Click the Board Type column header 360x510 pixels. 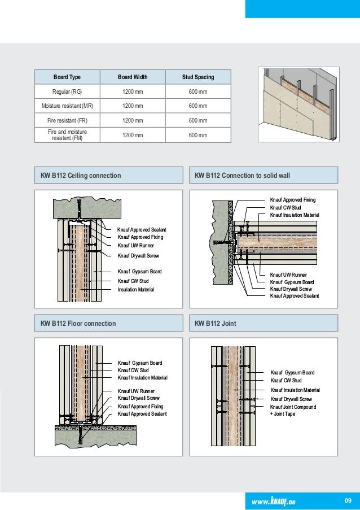pyautogui.click(x=67, y=77)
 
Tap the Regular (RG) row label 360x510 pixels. pyautogui.click(x=67, y=91)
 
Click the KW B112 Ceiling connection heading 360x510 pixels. pyautogui.click(x=81, y=176)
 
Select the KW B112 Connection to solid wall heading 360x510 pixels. pyautogui.click(x=242, y=176)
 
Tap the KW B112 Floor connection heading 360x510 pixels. pyautogui.click(x=78, y=324)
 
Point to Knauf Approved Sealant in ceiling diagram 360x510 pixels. pyautogui.click(x=142, y=230)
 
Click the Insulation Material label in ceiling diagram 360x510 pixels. pyautogui.click(x=135, y=290)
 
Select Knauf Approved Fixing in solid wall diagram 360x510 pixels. pyautogui.click(x=293, y=200)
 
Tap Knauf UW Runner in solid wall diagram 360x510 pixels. pyautogui.click(x=284, y=274)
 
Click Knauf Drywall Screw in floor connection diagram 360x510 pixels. pyautogui.click(x=138, y=398)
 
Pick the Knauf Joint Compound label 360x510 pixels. pyautogui.click(x=293, y=407)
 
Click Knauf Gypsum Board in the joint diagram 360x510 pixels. pyautogui.click(x=292, y=373)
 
